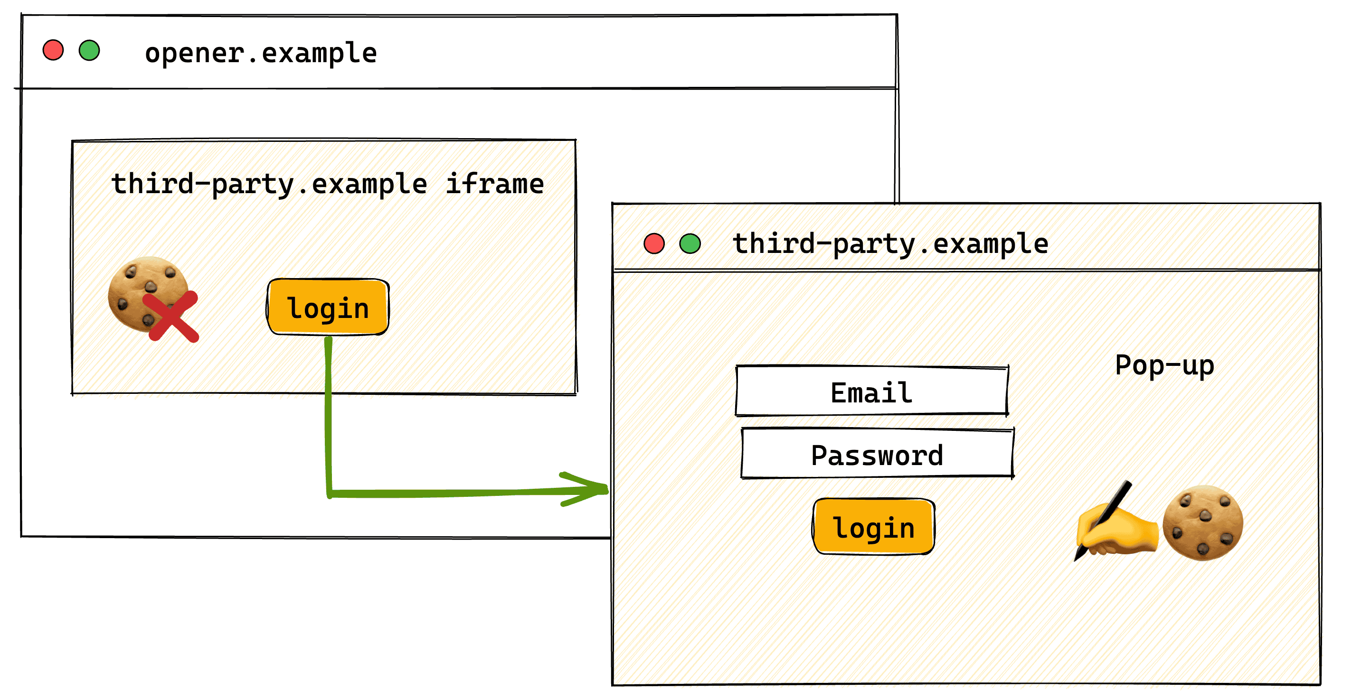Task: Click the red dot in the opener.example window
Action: tap(53, 51)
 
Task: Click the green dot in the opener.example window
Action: tap(89, 51)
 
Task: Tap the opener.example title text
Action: tap(261, 53)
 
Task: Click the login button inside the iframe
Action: tap(328, 307)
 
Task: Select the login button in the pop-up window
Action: tap(873, 527)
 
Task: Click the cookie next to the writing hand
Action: tap(1202, 522)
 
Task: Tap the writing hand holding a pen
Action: tap(1117, 528)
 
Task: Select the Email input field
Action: tap(872, 391)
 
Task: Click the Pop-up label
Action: tap(1164, 365)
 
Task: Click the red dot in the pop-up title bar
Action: tap(653, 244)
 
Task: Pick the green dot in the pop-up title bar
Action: tap(690, 244)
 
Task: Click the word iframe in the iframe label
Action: tap(494, 184)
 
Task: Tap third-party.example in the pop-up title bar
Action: tap(890, 244)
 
